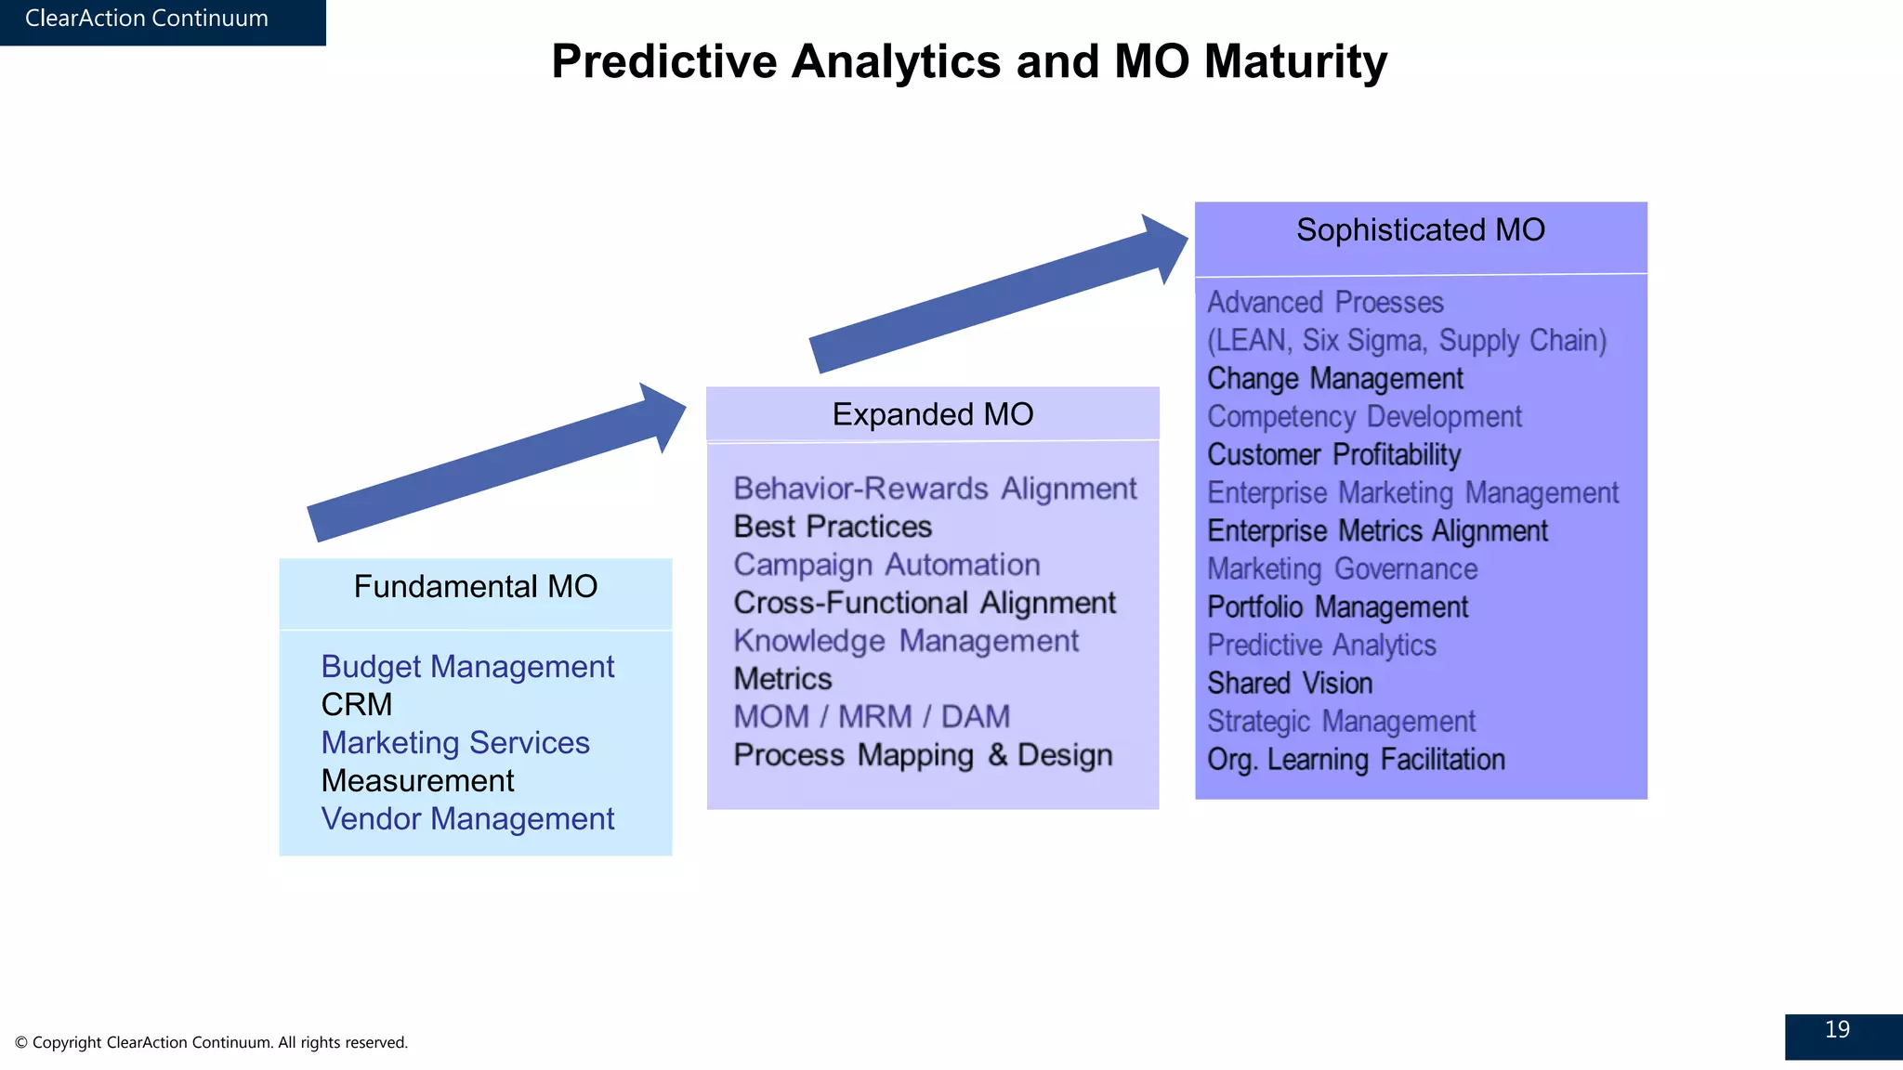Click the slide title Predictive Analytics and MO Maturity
968,62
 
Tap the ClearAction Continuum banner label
147,19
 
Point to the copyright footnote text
212,1042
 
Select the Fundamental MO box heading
475,587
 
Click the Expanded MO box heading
932,414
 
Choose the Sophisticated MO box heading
1420,230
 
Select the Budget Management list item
467,667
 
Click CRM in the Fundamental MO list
357,705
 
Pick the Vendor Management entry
467,819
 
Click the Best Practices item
833,527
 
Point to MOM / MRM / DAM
872,717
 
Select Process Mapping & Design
923,755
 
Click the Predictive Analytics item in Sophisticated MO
1321,646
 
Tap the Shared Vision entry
1290,684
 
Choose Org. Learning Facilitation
1356,760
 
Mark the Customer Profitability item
1333,455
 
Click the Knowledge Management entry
906,641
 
